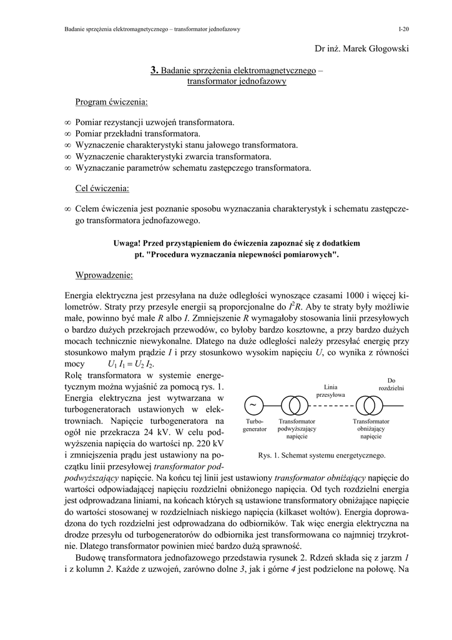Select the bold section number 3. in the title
pyautogui.click(x=155, y=71)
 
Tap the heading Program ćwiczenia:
pyautogui.click(x=112, y=102)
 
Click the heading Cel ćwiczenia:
pyautogui.click(x=102, y=187)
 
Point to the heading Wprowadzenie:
pyautogui.click(x=104, y=275)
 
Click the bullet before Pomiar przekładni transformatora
pyautogui.click(x=68, y=134)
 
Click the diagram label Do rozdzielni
pyautogui.click(x=391, y=384)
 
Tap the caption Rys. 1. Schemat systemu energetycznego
pyautogui.click(x=322, y=455)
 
